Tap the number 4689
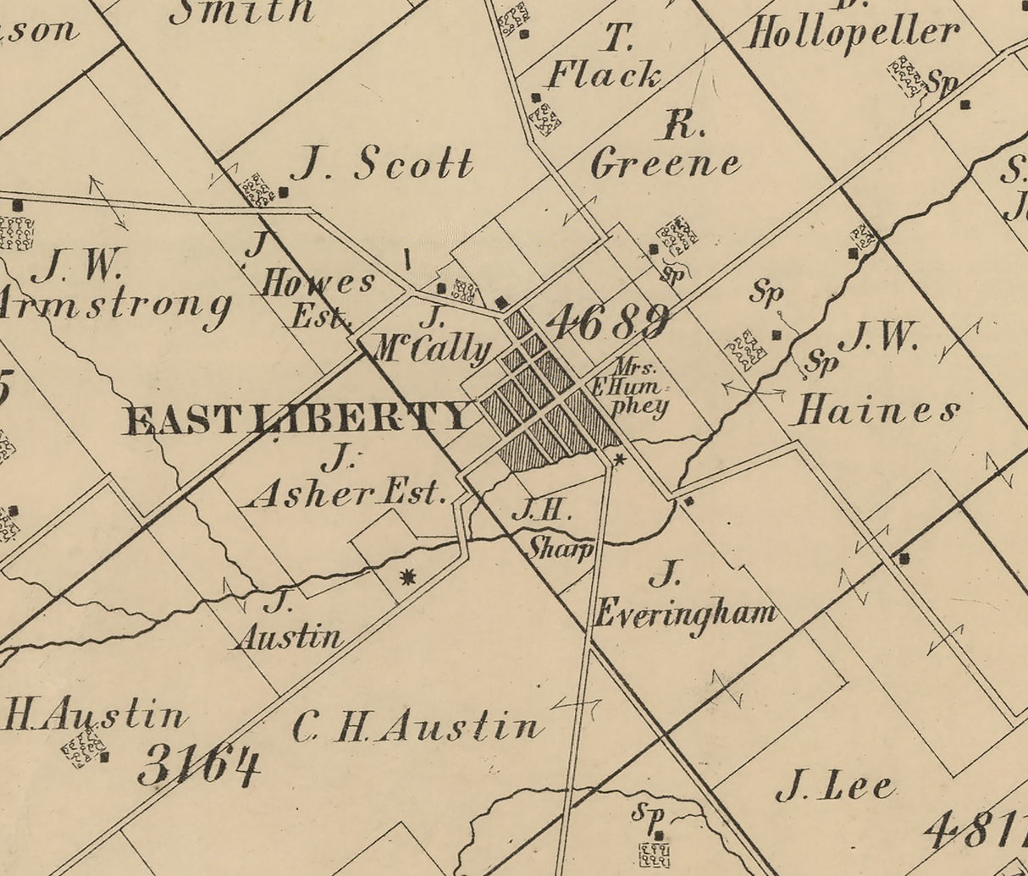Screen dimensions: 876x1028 coord(607,322)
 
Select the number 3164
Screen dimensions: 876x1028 coord(200,766)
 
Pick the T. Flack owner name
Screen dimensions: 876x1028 coord(604,59)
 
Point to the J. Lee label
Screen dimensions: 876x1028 coord(836,787)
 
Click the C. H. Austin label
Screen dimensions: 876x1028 coord(417,727)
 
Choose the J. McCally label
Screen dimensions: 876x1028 coord(433,338)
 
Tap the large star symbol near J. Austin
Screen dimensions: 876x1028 coord(408,577)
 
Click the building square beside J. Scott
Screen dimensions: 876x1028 coord(284,192)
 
